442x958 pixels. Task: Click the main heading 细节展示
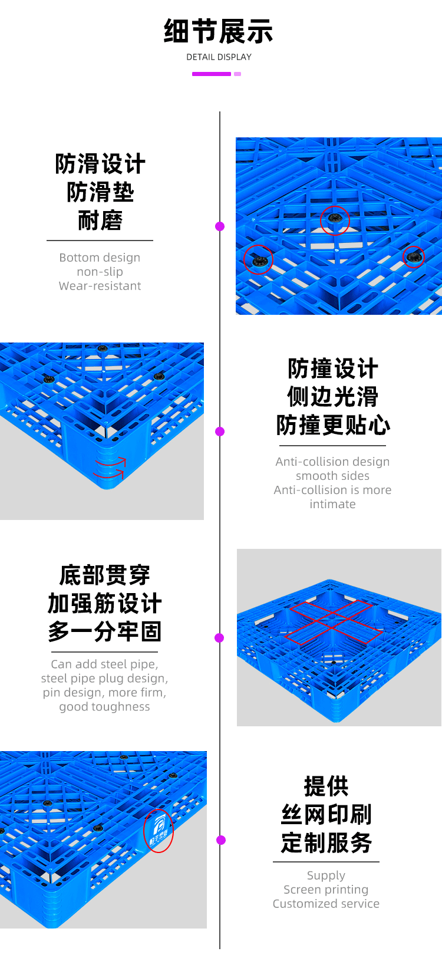(219, 31)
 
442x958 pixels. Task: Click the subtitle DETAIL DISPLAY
(219, 57)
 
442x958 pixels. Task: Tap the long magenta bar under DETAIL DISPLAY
(212, 74)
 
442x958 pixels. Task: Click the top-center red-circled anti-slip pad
(335, 220)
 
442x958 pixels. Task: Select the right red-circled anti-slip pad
(413, 256)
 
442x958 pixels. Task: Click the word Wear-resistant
(100, 286)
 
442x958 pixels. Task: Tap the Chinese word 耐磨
(100, 220)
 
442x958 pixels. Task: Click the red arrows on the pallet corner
(110, 468)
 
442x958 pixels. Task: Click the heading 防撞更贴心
(333, 425)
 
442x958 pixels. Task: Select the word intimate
(332, 504)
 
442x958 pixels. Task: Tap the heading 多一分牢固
(104, 631)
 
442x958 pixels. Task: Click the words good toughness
(104, 706)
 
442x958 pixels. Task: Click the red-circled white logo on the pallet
(158, 831)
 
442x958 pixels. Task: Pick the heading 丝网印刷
(326, 814)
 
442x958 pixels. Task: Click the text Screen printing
(326, 890)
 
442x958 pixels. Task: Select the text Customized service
(326, 904)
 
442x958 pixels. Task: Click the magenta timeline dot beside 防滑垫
(220, 226)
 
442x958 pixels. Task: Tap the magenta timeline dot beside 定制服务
(221, 840)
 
